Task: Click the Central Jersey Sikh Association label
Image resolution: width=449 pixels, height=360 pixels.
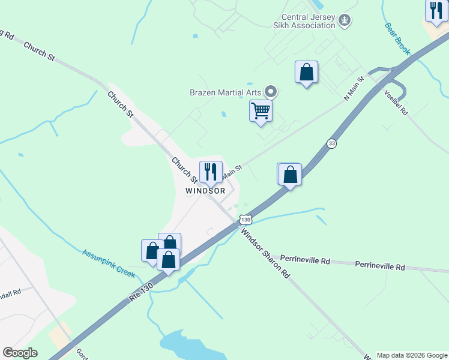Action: (x=309, y=21)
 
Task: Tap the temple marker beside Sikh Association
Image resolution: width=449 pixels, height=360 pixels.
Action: (x=345, y=21)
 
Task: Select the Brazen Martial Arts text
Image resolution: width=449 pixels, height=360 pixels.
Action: (x=226, y=92)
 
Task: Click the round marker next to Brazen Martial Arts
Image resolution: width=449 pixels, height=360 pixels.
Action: (x=271, y=92)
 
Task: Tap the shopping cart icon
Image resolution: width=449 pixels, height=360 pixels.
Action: (x=261, y=111)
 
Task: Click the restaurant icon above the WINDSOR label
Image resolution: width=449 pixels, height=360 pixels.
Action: (x=211, y=172)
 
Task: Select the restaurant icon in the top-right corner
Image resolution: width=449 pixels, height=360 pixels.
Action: (x=436, y=10)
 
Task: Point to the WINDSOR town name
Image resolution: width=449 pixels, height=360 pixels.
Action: (x=205, y=191)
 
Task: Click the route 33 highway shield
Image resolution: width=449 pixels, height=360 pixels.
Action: (x=331, y=143)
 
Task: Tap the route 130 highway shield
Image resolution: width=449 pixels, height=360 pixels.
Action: (x=246, y=220)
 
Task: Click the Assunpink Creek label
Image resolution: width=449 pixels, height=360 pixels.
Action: (x=109, y=262)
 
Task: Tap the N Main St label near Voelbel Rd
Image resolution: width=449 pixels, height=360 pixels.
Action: (x=354, y=88)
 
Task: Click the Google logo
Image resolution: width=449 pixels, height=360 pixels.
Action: (x=20, y=353)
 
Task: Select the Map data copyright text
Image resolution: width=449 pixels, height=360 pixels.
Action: (x=412, y=355)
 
